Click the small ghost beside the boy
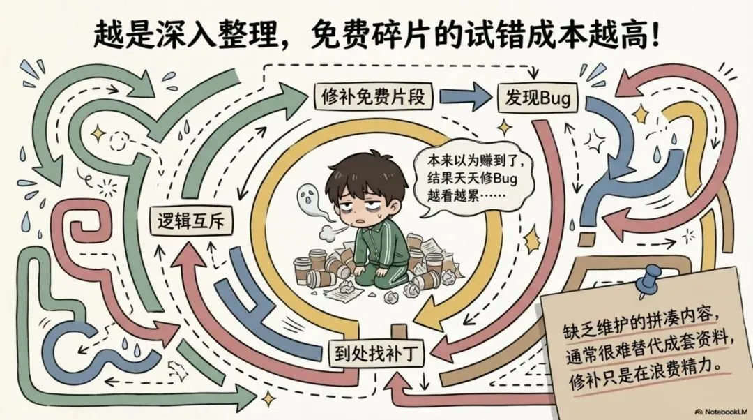(307, 198)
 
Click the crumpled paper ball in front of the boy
(347, 288)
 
